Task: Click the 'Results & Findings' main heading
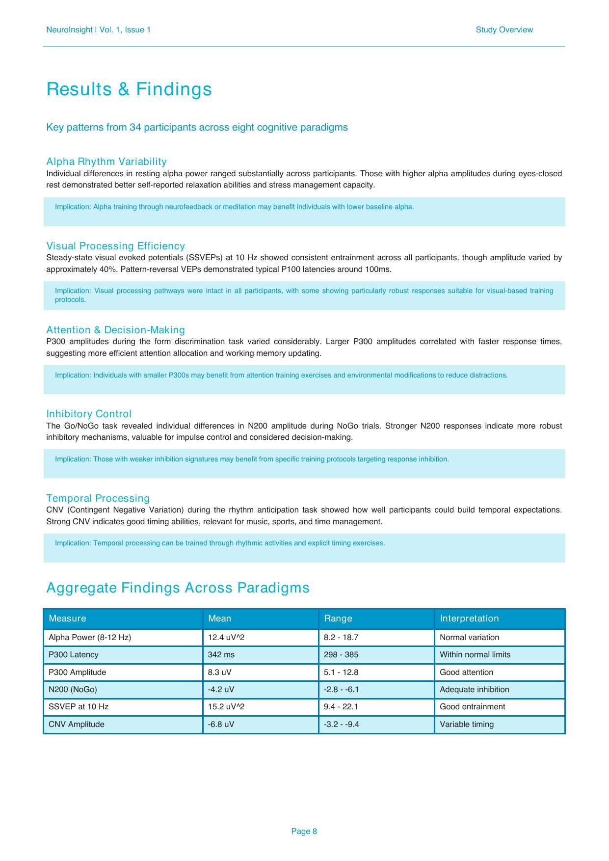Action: [129, 89]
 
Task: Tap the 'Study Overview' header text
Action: [504, 30]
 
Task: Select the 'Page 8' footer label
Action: [304, 831]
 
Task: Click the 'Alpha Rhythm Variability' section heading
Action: [106, 161]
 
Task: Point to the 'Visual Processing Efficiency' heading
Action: [115, 246]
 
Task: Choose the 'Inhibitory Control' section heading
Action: [89, 414]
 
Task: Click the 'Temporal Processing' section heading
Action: [98, 498]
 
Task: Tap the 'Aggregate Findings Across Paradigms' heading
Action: [178, 588]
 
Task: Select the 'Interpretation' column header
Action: [469, 619]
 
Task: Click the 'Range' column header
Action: [338, 619]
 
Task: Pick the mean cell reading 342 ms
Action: [221, 655]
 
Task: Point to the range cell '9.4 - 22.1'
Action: [341, 707]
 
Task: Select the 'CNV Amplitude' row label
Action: [77, 725]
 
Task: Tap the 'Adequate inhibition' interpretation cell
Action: [474, 690]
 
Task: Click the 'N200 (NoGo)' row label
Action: [73, 690]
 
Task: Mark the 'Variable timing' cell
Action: [467, 725]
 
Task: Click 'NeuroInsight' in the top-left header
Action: [69, 30]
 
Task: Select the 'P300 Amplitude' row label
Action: [77, 673]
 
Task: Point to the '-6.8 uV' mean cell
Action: [221, 725]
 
